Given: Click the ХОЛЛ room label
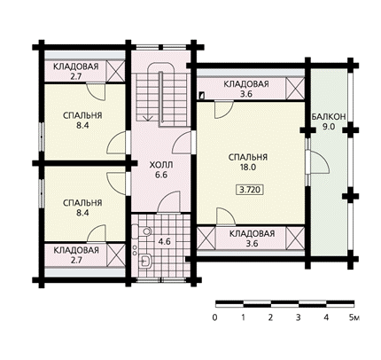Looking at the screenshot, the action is (x=161, y=165).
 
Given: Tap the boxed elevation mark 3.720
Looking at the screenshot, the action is (x=250, y=190).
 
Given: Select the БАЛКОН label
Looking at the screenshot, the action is (x=329, y=117).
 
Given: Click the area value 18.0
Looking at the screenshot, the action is (x=248, y=168).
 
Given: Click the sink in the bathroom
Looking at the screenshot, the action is (x=145, y=261).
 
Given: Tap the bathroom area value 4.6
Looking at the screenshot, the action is (x=164, y=241).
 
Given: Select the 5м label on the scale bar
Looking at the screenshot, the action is (x=354, y=317).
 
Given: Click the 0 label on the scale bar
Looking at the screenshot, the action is (x=214, y=317).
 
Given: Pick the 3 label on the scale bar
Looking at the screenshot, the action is (x=299, y=317).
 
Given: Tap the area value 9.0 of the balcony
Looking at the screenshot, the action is (x=328, y=127).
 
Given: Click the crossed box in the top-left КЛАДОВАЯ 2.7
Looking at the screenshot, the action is (x=115, y=71).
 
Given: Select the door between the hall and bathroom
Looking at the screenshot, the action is (x=169, y=202).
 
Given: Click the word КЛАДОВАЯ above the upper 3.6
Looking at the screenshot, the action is (x=246, y=84).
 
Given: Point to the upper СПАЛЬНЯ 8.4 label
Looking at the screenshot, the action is (x=82, y=121).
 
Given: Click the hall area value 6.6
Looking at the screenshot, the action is (x=161, y=175).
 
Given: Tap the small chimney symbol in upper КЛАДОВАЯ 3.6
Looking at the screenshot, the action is (x=202, y=96).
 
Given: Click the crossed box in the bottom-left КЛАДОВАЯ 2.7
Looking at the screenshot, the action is (x=115, y=254).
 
